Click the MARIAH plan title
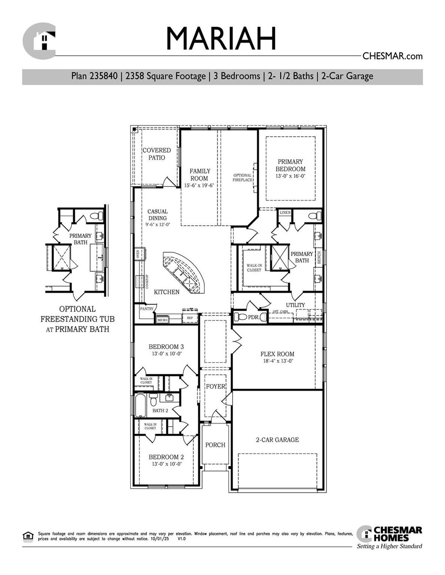(x=221, y=39)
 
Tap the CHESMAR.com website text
(x=392, y=56)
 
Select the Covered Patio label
(x=157, y=154)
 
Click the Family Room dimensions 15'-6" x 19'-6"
(x=199, y=185)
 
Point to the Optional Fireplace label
(x=242, y=177)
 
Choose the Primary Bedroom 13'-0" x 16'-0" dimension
(x=290, y=176)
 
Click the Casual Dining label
(x=157, y=215)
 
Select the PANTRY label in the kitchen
(x=147, y=309)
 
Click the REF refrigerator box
(x=190, y=318)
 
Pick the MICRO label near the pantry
(x=162, y=320)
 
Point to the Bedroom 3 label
(x=166, y=347)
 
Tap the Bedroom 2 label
(x=166, y=457)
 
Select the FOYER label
(x=216, y=387)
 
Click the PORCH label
(x=215, y=445)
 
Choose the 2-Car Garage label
(x=277, y=440)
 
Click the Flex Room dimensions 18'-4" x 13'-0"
(x=277, y=361)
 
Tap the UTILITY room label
(x=295, y=305)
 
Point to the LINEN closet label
(x=285, y=213)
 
